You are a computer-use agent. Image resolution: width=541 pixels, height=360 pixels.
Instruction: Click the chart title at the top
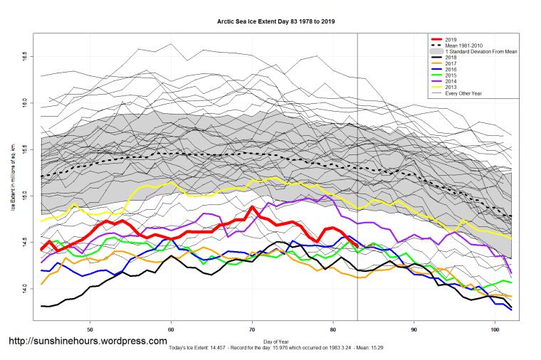tap(276, 22)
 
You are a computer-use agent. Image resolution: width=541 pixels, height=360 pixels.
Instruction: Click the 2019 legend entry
tap(451, 39)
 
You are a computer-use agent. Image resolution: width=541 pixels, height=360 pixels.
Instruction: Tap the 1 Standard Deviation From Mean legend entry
tap(478, 53)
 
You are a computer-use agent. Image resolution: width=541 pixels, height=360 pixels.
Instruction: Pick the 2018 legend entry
tap(451, 59)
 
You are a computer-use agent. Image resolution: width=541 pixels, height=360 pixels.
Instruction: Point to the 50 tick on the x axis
tap(90, 329)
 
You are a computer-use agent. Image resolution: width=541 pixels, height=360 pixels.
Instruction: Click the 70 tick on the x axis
tap(252, 329)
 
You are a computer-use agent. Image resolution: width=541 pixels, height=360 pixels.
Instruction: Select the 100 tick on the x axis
tap(495, 329)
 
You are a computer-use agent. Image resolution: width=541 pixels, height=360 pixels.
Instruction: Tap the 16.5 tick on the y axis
tap(24, 55)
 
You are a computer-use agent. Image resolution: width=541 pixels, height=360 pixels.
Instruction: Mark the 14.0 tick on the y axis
tap(24, 289)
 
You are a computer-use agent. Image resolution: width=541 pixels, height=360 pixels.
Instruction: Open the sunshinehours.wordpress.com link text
tap(88, 342)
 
